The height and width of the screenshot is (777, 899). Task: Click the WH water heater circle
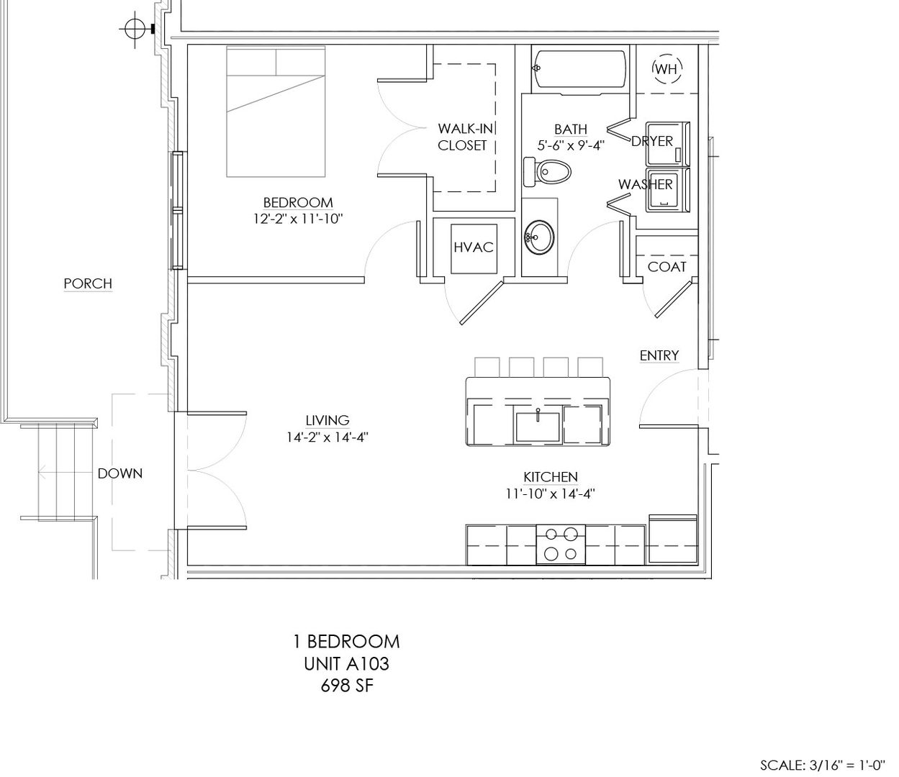coord(654,68)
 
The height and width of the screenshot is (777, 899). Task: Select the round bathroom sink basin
coord(539,237)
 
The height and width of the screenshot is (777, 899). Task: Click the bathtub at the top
coord(579,72)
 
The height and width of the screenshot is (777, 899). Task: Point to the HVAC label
coord(474,247)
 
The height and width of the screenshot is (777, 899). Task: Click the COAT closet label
coord(667,267)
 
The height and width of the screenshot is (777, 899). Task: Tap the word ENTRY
coord(659,355)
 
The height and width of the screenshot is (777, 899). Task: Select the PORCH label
coord(88,283)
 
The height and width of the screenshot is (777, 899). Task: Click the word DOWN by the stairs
coord(120,473)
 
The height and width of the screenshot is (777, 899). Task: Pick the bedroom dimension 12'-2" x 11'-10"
coord(299,219)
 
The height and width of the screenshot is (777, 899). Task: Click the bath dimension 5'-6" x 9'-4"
coord(571,145)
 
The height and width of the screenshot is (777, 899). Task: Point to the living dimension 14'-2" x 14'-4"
coord(327,437)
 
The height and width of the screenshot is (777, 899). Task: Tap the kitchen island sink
coord(538,427)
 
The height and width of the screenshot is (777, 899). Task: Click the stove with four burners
coord(561,545)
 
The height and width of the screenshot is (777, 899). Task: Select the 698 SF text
coord(347,686)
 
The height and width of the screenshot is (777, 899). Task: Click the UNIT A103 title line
coord(347,664)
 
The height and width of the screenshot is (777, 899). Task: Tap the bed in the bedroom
coord(276,112)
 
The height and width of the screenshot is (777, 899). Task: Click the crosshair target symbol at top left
coord(135,29)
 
